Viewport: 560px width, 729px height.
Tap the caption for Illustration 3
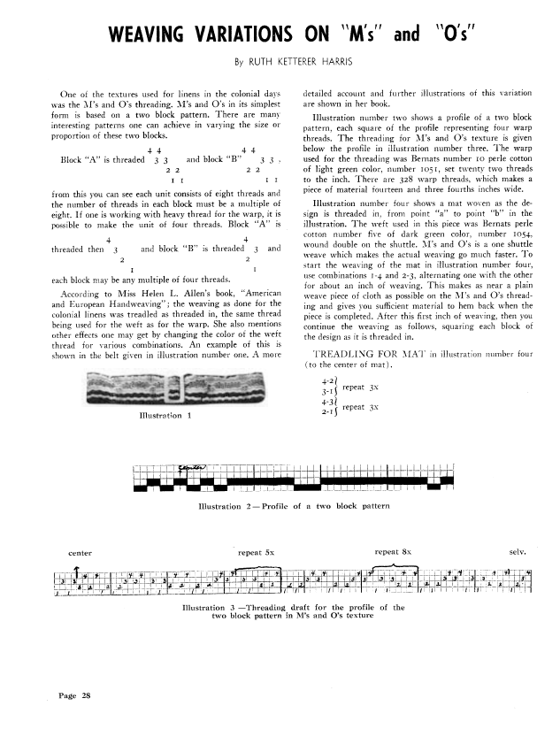[293, 612]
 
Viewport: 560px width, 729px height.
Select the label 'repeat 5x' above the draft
[256, 551]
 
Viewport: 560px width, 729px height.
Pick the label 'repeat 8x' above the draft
[393, 551]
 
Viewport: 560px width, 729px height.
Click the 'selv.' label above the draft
[518, 551]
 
